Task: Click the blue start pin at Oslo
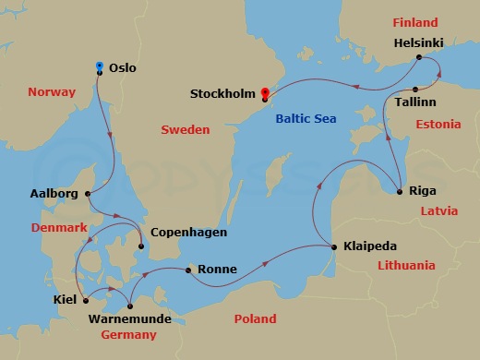(x=100, y=66)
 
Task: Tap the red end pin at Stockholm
(x=264, y=92)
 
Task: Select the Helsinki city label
(x=420, y=42)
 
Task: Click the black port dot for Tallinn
(x=416, y=89)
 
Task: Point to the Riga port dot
(x=399, y=192)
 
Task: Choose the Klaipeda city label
(x=370, y=247)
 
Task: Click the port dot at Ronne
(x=188, y=270)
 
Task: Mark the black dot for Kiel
(x=84, y=298)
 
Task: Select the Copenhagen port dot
(x=140, y=246)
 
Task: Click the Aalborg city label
(x=55, y=194)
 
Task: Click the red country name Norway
(x=51, y=92)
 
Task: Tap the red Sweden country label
(x=186, y=130)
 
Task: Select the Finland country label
(x=415, y=21)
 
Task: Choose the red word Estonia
(x=438, y=123)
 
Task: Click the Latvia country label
(x=438, y=210)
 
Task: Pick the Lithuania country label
(x=406, y=266)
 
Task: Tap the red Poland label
(x=255, y=318)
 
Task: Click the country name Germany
(x=128, y=335)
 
